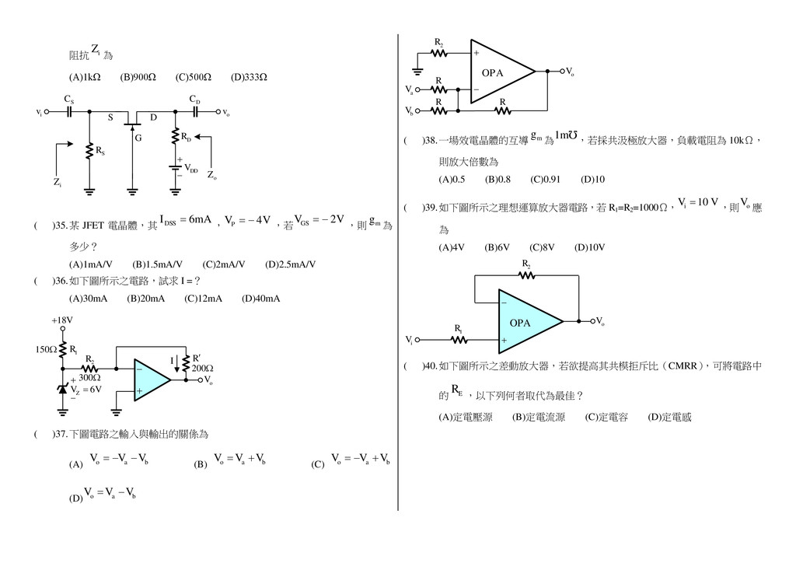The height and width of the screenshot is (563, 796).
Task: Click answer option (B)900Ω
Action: pyautogui.click(x=138, y=77)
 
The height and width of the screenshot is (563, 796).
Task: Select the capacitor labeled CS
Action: pyautogui.click(x=69, y=111)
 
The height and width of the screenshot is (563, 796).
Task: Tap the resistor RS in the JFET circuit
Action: pyautogui.click(x=89, y=151)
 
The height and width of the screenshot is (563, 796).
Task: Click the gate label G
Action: pyautogui.click(x=138, y=138)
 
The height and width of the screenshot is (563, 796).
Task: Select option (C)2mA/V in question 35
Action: pyautogui.click(x=223, y=264)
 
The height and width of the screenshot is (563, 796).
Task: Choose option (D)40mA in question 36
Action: pyautogui.click(x=260, y=298)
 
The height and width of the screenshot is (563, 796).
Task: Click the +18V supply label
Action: pyautogui.click(x=62, y=320)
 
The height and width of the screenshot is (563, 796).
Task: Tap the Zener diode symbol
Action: pyautogui.click(x=63, y=386)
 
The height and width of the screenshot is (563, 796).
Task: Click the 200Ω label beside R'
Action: pyautogui.click(x=203, y=368)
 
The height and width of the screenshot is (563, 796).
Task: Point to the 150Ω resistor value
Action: pyautogui.click(x=45, y=350)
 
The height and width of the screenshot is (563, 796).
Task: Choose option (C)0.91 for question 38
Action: pyautogui.click(x=545, y=180)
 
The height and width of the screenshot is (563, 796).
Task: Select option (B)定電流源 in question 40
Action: pyautogui.click(x=539, y=417)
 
